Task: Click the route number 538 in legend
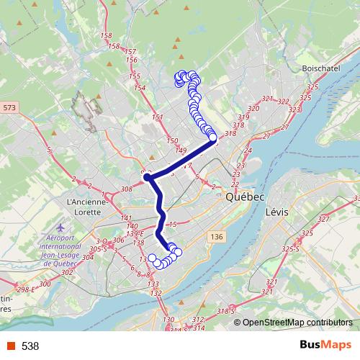point(30,346)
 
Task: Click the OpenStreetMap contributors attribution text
point(297,323)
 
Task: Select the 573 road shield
point(8,107)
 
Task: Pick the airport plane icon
point(60,228)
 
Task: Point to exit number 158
point(108,35)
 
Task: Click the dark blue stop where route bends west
point(147,176)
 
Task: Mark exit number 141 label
point(106,217)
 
